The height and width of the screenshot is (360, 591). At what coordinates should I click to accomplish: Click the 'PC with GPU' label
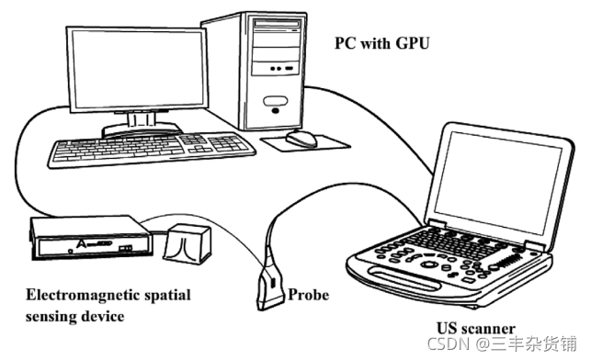382,44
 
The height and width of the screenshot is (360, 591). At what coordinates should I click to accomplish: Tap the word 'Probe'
308,295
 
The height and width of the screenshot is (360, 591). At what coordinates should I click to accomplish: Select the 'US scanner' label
476,329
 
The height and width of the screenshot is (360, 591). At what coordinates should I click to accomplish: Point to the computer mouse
301,138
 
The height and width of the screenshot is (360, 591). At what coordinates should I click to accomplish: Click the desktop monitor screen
138,69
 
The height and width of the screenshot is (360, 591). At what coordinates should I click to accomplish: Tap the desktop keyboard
151,149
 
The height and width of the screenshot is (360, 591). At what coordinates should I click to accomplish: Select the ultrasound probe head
270,287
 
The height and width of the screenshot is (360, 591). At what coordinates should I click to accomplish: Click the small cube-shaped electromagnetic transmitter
187,244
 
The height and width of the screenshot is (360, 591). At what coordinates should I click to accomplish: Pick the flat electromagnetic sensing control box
90,238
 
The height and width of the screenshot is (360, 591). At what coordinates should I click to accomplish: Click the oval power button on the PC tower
275,101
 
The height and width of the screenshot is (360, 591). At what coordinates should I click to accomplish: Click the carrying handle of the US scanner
404,278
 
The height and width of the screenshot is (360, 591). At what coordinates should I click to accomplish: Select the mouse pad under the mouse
305,143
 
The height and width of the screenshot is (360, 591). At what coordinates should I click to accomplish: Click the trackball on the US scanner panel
428,264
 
